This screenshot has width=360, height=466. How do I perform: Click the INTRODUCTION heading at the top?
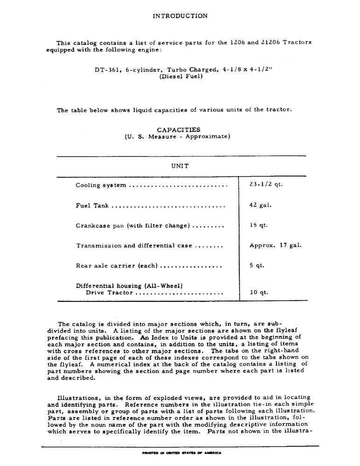(x=180, y=16)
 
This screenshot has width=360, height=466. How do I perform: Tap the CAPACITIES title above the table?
(x=179, y=130)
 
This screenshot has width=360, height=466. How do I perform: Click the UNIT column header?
(x=180, y=166)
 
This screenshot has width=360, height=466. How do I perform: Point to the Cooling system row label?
(x=101, y=185)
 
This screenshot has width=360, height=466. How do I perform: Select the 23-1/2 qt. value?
(x=266, y=184)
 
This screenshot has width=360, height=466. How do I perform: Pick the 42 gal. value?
(x=260, y=205)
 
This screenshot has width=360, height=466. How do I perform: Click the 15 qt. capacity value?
(x=258, y=225)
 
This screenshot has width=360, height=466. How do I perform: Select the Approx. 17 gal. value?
(x=275, y=245)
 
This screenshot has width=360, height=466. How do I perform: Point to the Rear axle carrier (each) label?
(x=117, y=266)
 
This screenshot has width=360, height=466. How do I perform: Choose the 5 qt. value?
(x=256, y=265)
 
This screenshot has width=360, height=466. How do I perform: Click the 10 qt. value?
(x=258, y=293)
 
